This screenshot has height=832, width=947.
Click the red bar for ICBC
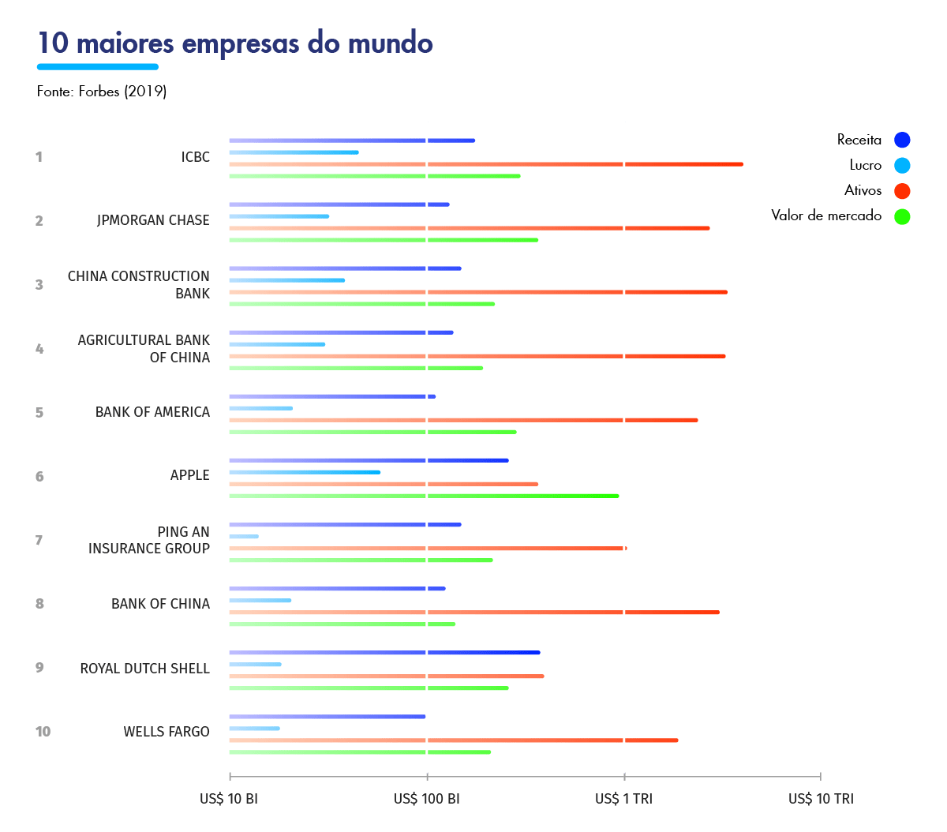point(485,164)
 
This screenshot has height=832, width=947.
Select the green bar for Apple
point(424,496)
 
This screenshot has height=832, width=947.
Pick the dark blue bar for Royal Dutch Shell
point(384,653)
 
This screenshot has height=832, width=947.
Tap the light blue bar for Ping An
point(244,537)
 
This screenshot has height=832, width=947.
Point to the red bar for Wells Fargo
point(453,740)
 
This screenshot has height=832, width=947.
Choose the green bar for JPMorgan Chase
point(384,240)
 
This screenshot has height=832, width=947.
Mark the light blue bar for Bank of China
point(260,601)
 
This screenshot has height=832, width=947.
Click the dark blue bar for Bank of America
point(332,396)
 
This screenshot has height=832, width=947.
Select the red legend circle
point(902,191)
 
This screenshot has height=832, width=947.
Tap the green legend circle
point(902,216)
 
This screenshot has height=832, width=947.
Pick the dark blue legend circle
point(902,141)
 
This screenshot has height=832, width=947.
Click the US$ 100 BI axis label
point(427,799)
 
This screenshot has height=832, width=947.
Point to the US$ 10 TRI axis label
point(821,799)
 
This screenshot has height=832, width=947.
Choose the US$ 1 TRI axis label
point(623,799)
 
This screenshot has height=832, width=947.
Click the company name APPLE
point(190,475)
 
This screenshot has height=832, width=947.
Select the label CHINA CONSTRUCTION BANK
point(139,285)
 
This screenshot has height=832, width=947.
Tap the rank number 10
point(43,732)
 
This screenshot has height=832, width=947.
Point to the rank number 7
point(39,541)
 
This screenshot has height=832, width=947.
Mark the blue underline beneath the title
point(98,67)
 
